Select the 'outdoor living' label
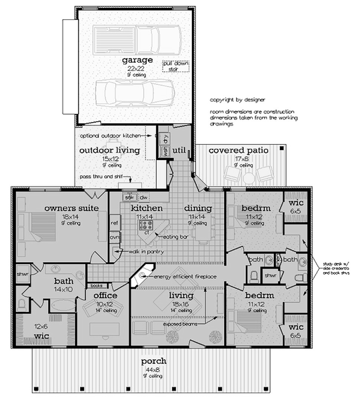[110, 150]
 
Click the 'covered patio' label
[239, 151]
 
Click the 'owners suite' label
[72, 209]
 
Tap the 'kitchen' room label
[147, 208]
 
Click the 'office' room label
[105, 295]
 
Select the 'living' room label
[181, 295]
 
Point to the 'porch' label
[154, 361]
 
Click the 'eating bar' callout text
[175, 237]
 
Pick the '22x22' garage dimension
[138, 69]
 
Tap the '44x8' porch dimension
[154, 369]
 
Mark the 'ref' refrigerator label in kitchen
[114, 223]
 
